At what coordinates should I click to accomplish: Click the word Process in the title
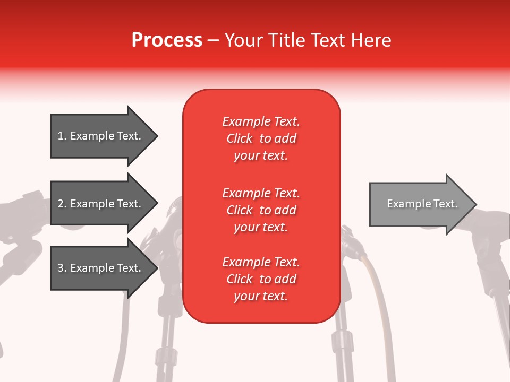(x=167, y=40)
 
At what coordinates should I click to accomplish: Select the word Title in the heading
(x=287, y=40)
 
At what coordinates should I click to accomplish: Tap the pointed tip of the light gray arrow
(x=475, y=204)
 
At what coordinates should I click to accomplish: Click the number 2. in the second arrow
(x=62, y=204)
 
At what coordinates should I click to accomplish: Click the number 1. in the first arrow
(x=62, y=136)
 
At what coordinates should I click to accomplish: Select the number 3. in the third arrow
(x=62, y=268)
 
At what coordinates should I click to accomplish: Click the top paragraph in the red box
(x=261, y=138)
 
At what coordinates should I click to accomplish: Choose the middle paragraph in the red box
(x=261, y=210)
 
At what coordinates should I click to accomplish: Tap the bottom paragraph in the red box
(x=261, y=279)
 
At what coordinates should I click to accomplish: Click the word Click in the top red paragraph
(x=240, y=138)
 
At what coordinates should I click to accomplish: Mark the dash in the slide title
(x=213, y=40)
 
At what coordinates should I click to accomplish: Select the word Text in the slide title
(x=329, y=40)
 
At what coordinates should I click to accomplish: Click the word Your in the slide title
(x=244, y=40)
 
